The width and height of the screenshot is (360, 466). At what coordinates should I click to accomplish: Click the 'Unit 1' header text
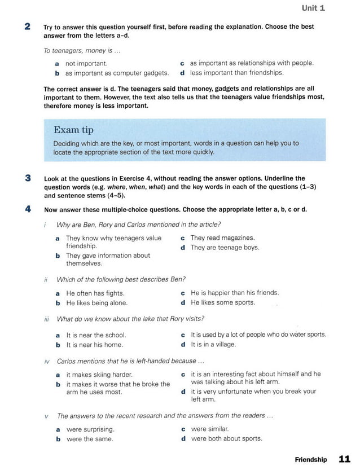coord(313,8)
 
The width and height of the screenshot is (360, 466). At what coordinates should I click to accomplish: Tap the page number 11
coord(344,459)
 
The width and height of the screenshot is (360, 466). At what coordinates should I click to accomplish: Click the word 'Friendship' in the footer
coord(310,460)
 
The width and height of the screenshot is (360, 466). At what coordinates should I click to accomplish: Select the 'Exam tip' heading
coord(73,130)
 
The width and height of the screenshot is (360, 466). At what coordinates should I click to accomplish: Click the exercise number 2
coord(28,27)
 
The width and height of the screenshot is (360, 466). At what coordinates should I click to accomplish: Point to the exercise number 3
coord(28,178)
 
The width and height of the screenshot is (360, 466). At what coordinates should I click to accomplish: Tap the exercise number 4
coord(28,209)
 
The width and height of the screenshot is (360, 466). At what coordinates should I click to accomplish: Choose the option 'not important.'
coord(86,64)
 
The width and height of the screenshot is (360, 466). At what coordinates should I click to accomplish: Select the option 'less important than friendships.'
coord(236,73)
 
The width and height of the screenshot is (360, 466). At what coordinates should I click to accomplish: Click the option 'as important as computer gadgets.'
coord(117,73)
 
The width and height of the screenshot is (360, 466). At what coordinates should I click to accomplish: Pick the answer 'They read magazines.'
coord(222,238)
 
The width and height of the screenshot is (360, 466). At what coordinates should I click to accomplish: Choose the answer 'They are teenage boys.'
coord(225,248)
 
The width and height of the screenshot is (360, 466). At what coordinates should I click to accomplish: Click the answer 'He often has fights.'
coord(95,293)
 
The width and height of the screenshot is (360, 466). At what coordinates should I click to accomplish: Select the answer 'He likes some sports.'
coord(222,302)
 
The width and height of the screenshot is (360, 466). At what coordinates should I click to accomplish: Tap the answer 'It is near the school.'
coord(96,335)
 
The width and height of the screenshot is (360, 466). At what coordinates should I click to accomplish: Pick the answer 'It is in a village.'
coord(213,344)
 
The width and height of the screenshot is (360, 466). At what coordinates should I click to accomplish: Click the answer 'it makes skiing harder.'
coord(99,375)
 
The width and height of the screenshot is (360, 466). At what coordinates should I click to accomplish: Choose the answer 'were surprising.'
coord(90,429)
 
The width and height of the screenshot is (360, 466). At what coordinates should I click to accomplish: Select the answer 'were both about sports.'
coord(226,438)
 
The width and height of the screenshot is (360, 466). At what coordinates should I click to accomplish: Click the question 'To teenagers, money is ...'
coord(82,51)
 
